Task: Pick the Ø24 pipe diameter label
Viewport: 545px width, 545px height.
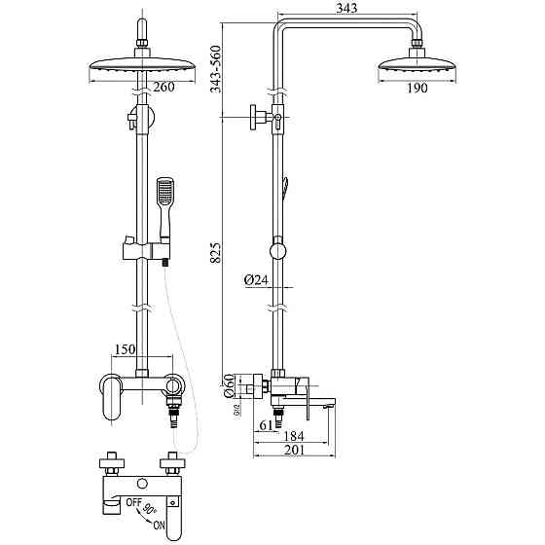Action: point(257,279)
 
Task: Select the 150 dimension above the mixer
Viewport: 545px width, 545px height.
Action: point(126,349)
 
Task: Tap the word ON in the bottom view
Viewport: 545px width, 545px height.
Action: point(159,525)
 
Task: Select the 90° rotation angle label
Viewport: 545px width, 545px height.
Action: point(149,510)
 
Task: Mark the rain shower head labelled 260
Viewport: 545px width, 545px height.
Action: point(142,70)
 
